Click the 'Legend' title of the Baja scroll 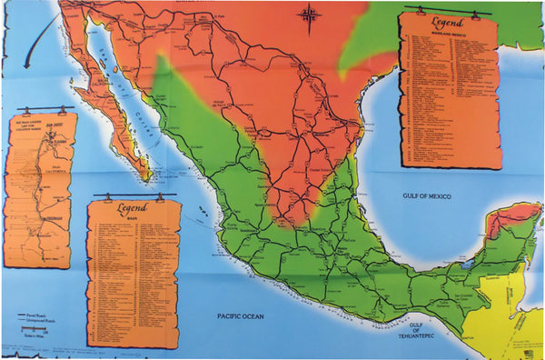133,207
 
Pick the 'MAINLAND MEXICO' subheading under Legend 448,31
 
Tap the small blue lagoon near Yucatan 466,265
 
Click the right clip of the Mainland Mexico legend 474,11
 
